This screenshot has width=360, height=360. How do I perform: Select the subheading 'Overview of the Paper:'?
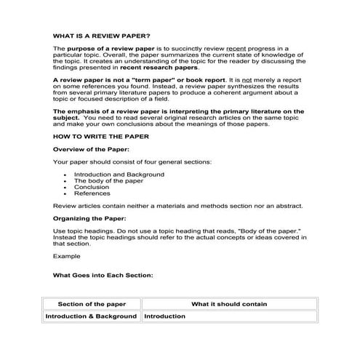click(89, 148)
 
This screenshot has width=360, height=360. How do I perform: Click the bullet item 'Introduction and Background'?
click(119, 175)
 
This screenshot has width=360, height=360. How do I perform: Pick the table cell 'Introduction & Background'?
click(92, 316)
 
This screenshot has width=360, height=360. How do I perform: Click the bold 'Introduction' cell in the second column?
click(164, 316)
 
